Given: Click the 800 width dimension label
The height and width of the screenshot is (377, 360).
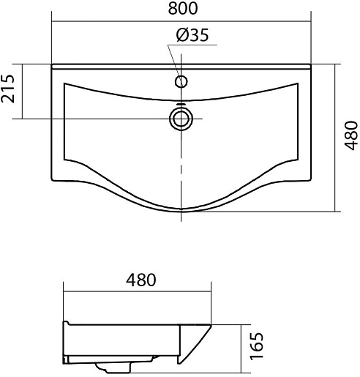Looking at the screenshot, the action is [183, 8].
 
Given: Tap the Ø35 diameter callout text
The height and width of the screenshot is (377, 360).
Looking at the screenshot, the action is [192, 35].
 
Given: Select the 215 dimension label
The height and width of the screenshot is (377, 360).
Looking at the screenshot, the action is [8, 89].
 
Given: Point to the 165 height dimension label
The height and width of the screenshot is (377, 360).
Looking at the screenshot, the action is [257, 346].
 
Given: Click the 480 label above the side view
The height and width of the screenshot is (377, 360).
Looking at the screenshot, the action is [141, 280].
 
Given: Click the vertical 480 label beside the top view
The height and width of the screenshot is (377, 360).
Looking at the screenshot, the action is [350, 135].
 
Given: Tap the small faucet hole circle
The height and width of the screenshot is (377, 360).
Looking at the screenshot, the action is [181, 81].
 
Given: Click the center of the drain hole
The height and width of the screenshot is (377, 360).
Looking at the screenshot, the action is [181, 119].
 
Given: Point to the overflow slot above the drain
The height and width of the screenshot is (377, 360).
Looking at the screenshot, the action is [181, 104].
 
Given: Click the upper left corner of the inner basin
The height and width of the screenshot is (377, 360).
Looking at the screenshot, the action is [64, 83].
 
